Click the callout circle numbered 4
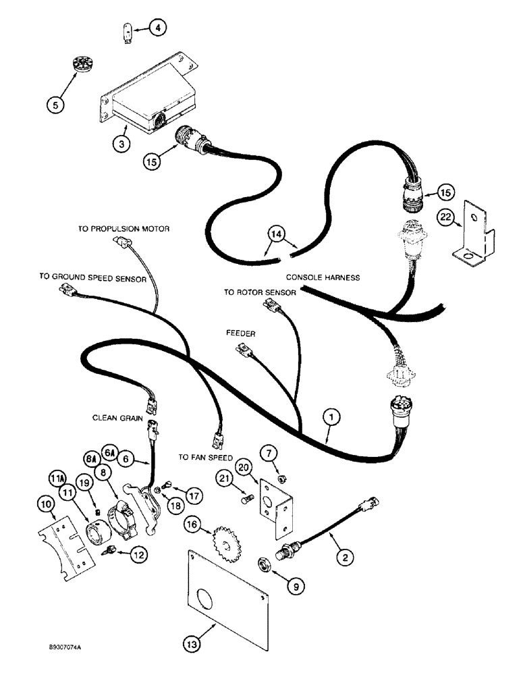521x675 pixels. tap(156, 28)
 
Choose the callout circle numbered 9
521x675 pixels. tap(296, 587)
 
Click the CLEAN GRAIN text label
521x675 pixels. tap(117, 418)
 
